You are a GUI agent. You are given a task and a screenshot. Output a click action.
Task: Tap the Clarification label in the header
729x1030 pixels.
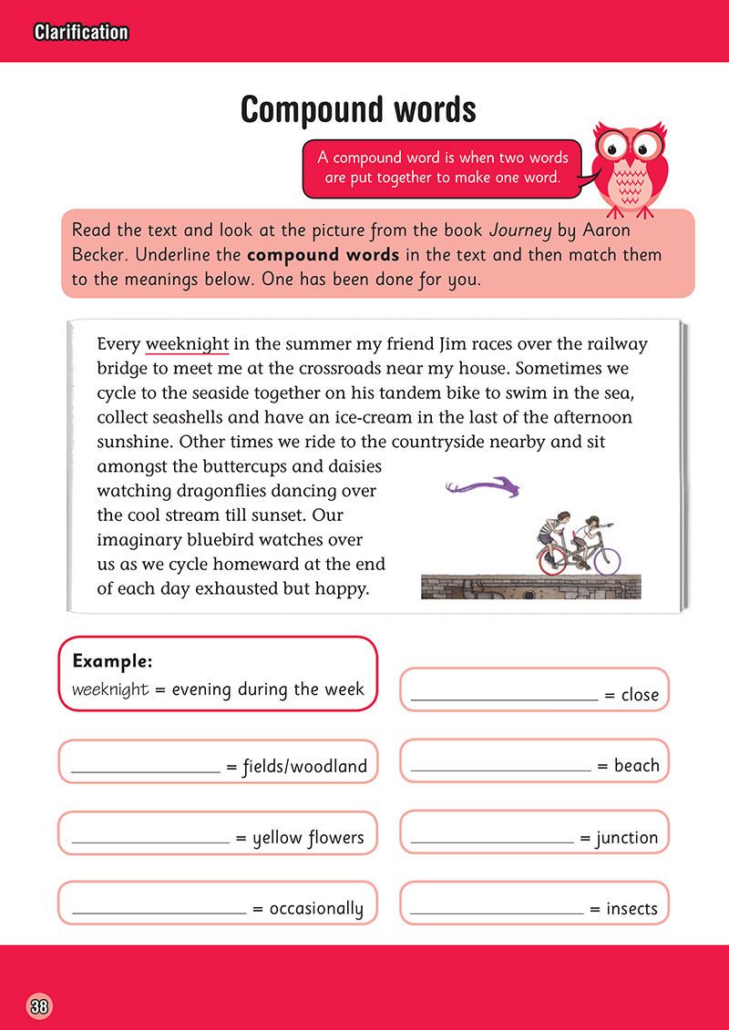81,33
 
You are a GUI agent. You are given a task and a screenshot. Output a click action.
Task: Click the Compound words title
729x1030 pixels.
358,110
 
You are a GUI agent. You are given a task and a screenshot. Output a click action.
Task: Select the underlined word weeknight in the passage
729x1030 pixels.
188,345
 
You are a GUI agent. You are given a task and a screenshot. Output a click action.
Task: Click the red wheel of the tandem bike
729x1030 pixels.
551,560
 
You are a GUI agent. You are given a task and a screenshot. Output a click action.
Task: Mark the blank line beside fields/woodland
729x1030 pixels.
146,770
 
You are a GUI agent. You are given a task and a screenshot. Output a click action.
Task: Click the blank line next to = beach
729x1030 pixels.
500,770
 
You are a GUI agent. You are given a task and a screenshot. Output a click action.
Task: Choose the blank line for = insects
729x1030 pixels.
497,912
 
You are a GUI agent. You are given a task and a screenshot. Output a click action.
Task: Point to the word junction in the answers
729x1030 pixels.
627,838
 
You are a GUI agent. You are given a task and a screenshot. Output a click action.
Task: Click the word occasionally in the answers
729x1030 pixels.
316,909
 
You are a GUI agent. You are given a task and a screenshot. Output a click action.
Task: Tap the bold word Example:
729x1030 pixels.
112,660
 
